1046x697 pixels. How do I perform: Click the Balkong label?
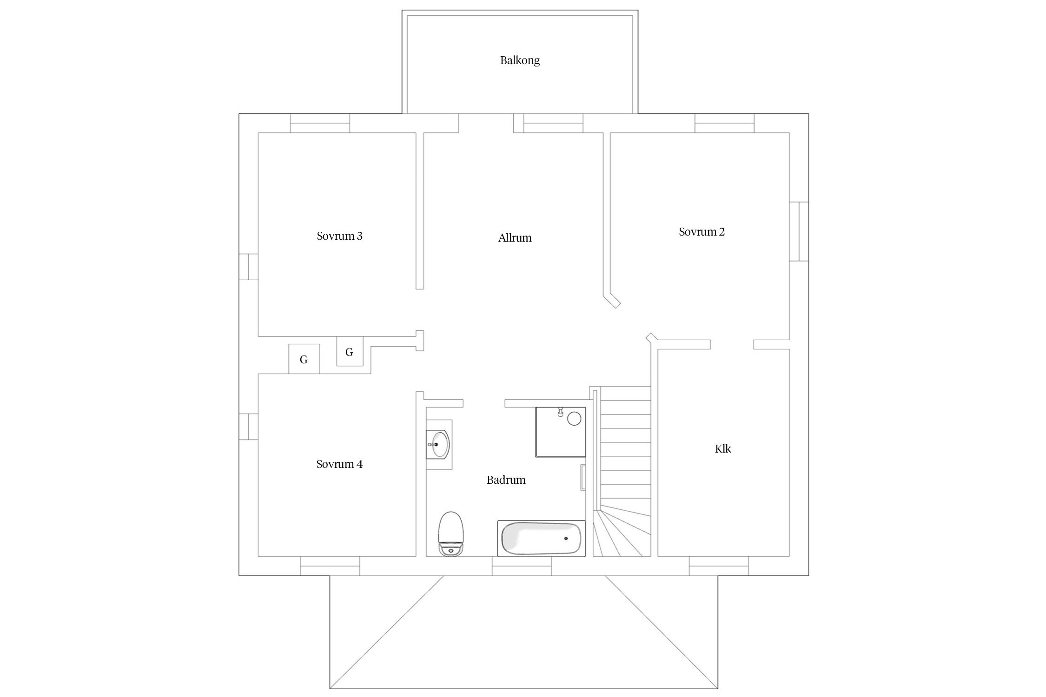tap(520, 60)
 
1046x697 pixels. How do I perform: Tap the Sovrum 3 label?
tap(339, 236)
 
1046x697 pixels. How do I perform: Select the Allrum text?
tap(515, 238)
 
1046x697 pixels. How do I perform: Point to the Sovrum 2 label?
tap(702, 232)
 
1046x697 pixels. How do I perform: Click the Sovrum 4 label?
tap(339, 464)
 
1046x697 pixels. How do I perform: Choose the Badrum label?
tap(506, 480)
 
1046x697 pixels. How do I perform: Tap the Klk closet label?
tap(723, 449)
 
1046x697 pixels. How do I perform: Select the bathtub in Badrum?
tap(541, 538)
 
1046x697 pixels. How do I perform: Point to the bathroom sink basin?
tap(438, 444)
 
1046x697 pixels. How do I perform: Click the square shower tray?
tap(561, 432)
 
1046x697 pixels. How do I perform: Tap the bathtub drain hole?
tap(566, 539)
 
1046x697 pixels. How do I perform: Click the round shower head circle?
tap(574, 418)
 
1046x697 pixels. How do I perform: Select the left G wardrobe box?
tap(304, 359)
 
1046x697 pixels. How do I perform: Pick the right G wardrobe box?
tap(350, 351)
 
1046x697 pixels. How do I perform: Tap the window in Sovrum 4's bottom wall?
tap(330, 566)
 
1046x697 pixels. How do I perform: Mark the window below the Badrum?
tap(522, 566)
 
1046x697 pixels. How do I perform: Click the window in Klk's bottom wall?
tap(719, 566)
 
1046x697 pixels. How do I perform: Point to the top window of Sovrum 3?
tap(320, 123)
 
